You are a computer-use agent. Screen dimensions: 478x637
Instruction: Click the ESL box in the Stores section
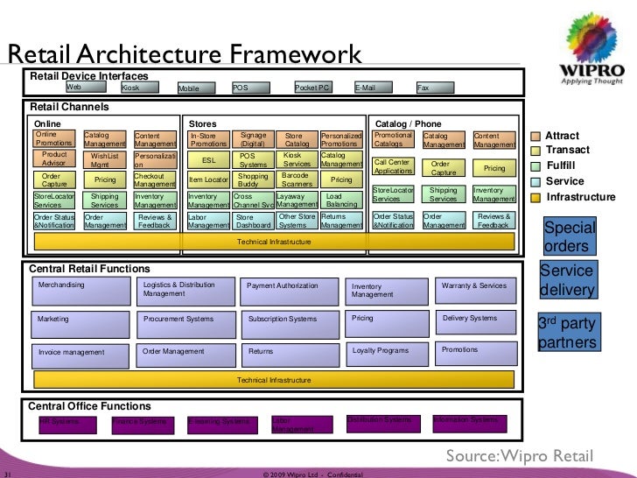[208, 160]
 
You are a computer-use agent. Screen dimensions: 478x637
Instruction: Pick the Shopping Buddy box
[254, 179]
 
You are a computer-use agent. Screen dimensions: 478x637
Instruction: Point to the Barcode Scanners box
[297, 179]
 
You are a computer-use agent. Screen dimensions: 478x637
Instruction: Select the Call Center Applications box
[393, 166]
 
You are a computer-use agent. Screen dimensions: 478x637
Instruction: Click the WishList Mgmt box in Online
[104, 160]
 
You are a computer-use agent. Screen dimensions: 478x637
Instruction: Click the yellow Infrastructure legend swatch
[536, 197]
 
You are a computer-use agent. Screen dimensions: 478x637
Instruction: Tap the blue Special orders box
[570, 236]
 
